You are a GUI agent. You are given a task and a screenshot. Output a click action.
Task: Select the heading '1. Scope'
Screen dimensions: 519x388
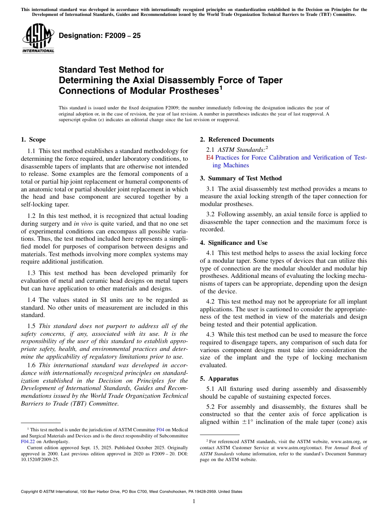point(33,140)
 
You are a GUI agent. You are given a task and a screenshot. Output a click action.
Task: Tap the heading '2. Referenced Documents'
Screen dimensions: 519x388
point(237,140)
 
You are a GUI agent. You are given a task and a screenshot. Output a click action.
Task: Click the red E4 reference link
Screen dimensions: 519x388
point(210,157)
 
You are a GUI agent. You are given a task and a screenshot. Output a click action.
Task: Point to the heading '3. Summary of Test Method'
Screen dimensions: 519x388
point(241,178)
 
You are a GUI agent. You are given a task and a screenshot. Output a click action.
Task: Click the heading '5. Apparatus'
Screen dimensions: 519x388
point(219,379)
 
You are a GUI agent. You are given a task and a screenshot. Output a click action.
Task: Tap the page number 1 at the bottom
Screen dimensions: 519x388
point(194,501)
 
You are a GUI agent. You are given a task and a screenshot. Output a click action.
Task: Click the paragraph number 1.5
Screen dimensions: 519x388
point(31,326)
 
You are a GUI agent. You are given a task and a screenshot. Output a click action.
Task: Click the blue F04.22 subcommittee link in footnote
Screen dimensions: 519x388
point(28,441)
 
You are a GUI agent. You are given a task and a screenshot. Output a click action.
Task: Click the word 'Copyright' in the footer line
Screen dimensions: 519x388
point(31,492)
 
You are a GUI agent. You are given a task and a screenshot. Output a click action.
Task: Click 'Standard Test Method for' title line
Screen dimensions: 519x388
point(111,70)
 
